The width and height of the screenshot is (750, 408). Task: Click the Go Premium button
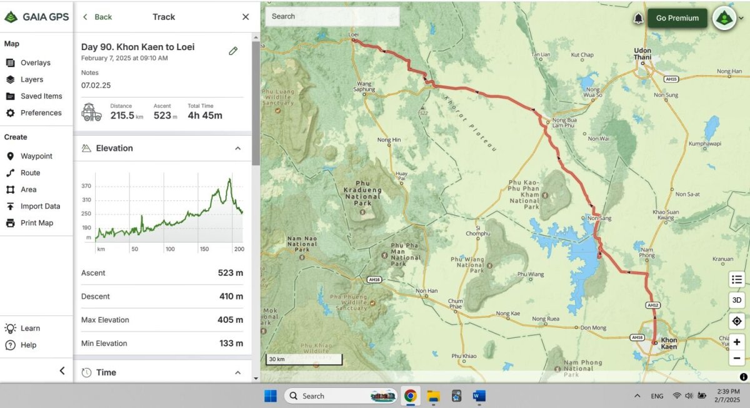click(x=677, y=18)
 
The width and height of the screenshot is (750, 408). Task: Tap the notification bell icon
click(x=638, y=18)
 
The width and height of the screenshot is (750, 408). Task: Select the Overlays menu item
click(x=35, y=63)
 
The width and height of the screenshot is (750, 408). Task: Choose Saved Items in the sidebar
click(x=41, y=96)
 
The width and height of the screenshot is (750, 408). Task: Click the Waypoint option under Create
click(x=36, y=156)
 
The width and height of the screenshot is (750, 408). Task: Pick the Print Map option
click(x=37, y=223)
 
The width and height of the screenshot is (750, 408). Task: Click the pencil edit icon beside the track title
click(x=233, y=51)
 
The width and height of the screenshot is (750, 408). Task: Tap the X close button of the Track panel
click(x=246, y=17)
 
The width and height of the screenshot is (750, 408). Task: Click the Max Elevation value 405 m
click(x=230, y=320)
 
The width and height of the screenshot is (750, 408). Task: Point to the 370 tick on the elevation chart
click(x=86, y=186)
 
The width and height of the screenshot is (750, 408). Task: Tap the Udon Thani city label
click(x=642, y=54)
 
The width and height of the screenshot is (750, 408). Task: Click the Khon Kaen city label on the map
click(x=669, y=344)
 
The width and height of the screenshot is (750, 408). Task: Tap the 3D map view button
click(x=737, y=300)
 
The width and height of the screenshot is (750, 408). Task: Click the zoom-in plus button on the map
click(x=737, y=342)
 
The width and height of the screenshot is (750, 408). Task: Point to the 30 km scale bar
click(x=304, y=360)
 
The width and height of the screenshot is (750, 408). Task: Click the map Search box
click(x=331, y=16)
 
